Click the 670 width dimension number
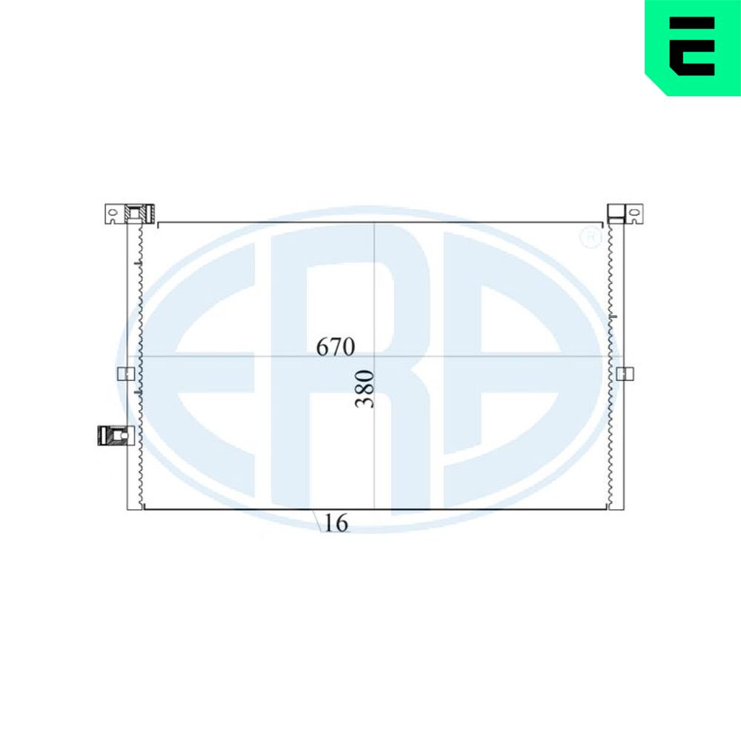coord(336,347)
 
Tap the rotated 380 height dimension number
coord(365,389)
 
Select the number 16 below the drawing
coord(336,522)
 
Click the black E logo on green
coord(692,46)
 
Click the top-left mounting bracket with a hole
coord(114,214)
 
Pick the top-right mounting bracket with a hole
coord(634,213)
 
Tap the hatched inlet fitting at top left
coord(140,213)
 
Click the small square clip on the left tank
coord(126,373)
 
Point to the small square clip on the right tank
coord(625,373)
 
